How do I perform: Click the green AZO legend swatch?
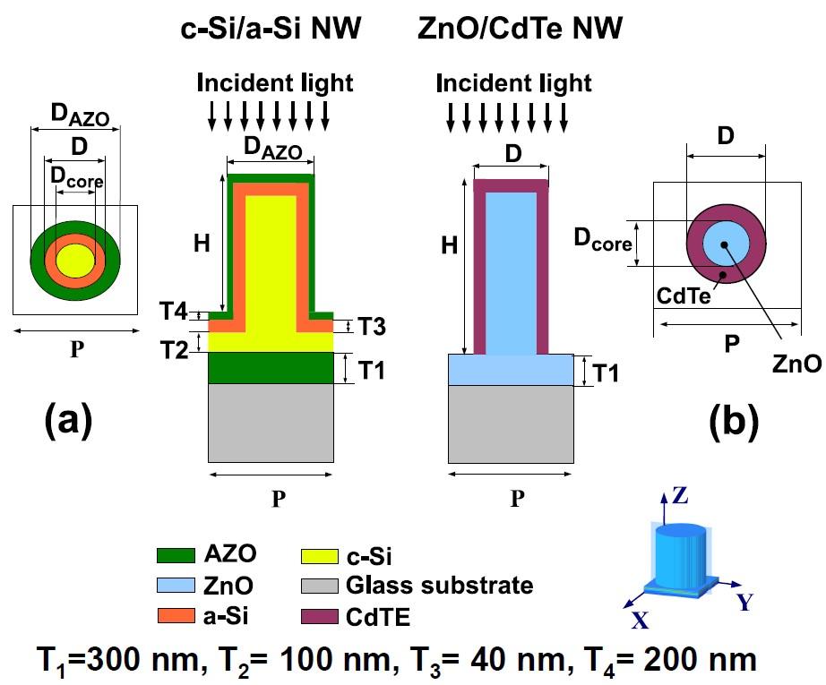click(176, 555)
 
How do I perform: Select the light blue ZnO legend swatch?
click(176, 586)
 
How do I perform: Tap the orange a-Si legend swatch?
click(176, 615)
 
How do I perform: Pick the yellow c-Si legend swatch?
click(319, 556)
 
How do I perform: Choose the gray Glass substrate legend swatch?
click(319, 586)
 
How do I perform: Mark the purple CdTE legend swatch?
click(319, 617)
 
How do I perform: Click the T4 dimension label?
click(173, 311)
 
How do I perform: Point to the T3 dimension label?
click(372, 327)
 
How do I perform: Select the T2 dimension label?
click(174, 350)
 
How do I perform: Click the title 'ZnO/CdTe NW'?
click(520, 28)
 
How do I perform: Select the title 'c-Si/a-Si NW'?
click(271, 28)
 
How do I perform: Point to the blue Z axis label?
click(680, 495)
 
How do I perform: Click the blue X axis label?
click(640, 621)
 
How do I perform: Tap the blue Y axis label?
click(744, 602)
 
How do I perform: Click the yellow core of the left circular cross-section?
click(75, 260)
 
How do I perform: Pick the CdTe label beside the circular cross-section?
click(684, 295)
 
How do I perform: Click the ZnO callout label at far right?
click(796, 364)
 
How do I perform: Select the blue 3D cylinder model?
click(680, 560)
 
